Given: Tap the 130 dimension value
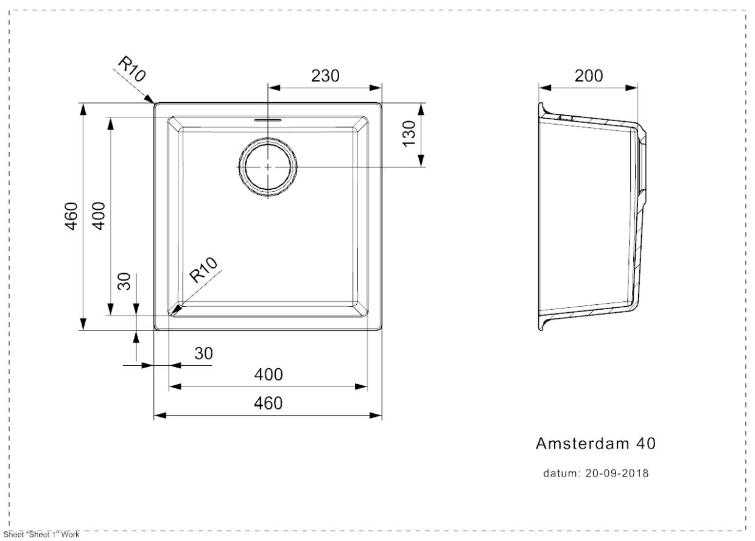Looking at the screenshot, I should point(408,133).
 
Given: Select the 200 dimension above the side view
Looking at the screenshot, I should point(589,75).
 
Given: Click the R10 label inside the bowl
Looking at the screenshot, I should point(203,270).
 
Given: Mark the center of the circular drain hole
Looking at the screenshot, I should point(268,167).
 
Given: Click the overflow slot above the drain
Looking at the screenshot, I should point(268,120).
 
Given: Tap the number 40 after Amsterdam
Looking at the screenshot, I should point(645,444).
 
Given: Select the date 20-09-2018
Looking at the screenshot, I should point(617,473).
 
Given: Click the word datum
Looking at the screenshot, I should point(561,473).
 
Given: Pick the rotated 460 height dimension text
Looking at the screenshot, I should point(71,215).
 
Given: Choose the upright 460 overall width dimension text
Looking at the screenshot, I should point(268,403).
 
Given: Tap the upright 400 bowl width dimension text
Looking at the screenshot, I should point(268,374).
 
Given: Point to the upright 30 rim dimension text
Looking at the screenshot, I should point(203,353).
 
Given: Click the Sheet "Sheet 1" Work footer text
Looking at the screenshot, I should point(41,535).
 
